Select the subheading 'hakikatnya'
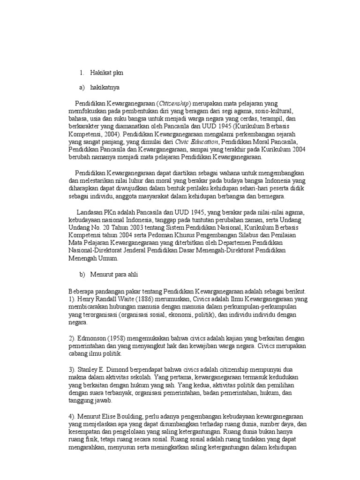(106, 88)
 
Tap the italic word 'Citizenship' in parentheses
(174, 103)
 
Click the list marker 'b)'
(82, 273)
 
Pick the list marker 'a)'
(82, 88)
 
